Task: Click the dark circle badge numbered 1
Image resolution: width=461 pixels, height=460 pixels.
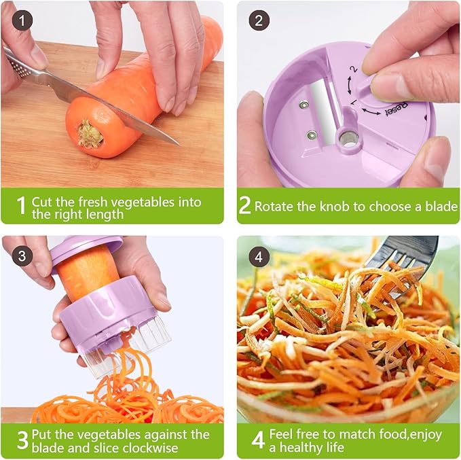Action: (23, 21)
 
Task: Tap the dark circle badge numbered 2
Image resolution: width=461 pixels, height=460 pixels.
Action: (257, 21)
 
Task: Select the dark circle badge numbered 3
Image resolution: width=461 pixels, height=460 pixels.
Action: (23, 256)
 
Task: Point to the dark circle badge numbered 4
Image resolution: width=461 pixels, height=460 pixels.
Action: (257, 256)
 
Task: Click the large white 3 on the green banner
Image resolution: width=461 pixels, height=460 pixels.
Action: (21, 440)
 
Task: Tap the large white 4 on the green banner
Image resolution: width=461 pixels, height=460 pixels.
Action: (257, 440)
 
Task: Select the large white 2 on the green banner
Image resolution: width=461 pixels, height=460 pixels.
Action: (244, 206)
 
